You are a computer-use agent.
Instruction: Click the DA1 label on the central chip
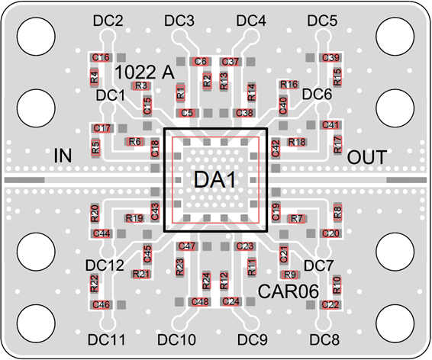point(215,179)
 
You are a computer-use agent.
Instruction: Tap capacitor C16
point(101,57)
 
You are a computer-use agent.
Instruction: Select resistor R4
point(94,77)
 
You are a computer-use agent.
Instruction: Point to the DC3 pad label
point(179,21)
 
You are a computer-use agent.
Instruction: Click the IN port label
point(63,156)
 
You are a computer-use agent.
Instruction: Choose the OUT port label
point(366,157)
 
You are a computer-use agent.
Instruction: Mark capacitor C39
point(330,58)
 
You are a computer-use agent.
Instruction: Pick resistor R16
point(289,85)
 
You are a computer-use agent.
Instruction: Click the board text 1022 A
point(144,72)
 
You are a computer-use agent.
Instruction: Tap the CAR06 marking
point(289,291)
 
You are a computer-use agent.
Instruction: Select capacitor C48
point(200,301)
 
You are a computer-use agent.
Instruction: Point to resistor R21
point(141,274)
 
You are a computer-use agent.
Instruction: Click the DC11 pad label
point(106,339)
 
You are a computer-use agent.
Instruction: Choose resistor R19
point(134,218)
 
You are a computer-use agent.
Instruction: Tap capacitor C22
point(330,304)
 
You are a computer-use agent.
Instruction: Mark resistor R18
point(297,142)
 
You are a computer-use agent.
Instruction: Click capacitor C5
point(187,113)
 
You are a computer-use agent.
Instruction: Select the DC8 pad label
point(324,339)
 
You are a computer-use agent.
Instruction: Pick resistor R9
point(290,275)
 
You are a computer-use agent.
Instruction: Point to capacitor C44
point(102,233)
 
